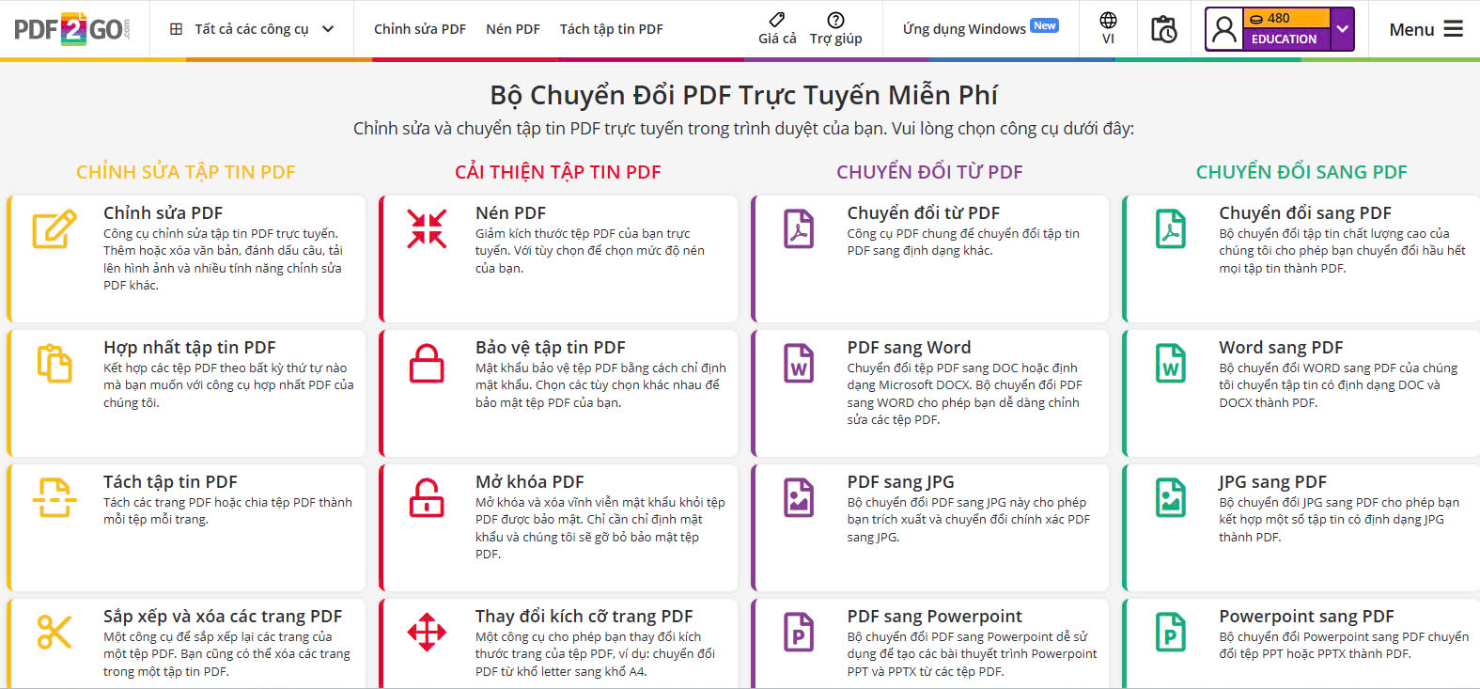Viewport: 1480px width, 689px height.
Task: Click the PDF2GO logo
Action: point(72,29)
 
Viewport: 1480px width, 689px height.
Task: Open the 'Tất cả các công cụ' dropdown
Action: point(252,29)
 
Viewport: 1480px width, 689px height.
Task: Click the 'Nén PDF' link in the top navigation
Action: point(513,29)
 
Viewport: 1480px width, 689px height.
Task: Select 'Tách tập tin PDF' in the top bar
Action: point(611,29)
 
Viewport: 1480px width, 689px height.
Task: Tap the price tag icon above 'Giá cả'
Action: point(777,19)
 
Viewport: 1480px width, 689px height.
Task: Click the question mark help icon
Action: point(835,20)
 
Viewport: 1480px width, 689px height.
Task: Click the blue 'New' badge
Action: point(1045,25)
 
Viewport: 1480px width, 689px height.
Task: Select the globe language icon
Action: point(1108,20)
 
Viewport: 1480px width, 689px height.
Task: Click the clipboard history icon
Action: point(1163,29)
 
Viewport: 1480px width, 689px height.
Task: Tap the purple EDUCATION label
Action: point(1284,39)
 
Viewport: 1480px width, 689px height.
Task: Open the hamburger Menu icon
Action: point(1453,29)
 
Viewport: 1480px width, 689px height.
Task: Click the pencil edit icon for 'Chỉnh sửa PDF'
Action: point(55,228)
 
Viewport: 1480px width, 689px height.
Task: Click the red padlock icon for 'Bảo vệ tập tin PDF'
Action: point(427,363)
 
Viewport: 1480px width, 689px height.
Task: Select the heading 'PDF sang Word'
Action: point(909,347)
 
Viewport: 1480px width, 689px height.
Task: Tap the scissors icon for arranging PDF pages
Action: point(55,632)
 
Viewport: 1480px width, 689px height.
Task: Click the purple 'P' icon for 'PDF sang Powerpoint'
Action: point(798,633)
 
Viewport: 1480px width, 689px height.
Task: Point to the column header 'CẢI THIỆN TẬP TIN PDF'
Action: point(557,172)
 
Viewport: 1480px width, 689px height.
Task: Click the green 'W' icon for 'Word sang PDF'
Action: point(1170,363)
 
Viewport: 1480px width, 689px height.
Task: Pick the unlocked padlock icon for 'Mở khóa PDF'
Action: point(427,497)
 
